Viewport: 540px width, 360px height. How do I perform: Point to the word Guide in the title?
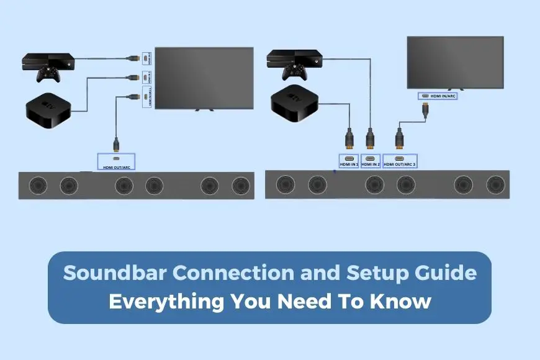448,273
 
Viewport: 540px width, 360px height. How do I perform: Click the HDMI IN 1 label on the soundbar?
348,161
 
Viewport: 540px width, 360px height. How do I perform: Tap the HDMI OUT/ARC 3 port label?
400,161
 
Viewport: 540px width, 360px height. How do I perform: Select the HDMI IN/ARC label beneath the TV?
438,96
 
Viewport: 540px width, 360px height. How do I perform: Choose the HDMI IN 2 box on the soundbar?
371,161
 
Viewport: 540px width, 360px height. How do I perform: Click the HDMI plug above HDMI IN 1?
348,139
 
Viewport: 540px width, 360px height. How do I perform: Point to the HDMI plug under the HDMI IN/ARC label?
426,112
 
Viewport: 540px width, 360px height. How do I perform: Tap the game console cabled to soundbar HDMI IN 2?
293,59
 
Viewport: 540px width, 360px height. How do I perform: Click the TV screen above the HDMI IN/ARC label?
454,62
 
